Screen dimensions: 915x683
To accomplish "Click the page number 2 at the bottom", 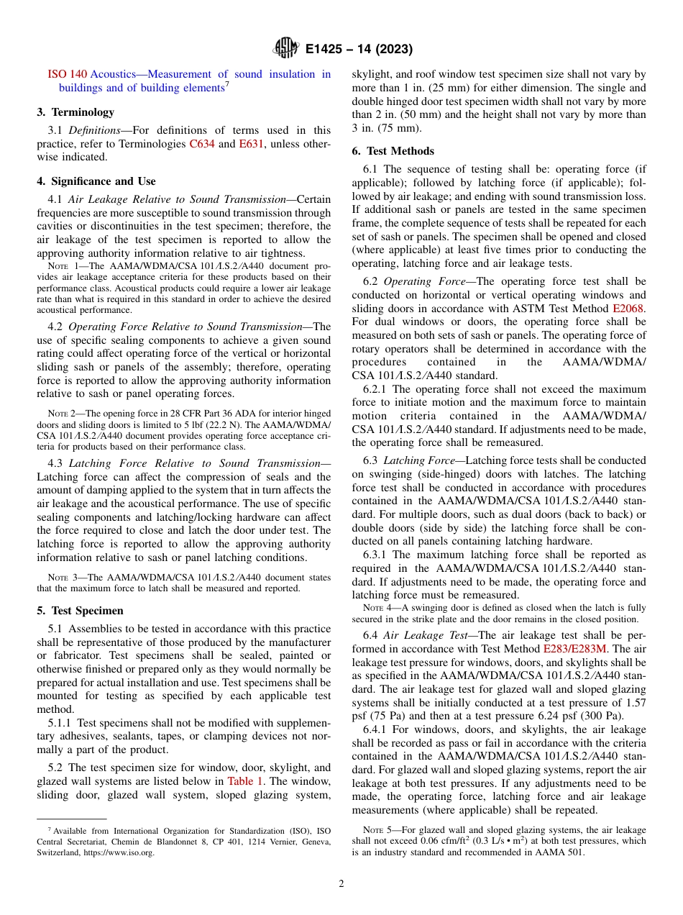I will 341,883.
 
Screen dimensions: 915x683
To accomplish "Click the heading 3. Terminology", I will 75,112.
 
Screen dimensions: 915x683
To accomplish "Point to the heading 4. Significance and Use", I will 96,181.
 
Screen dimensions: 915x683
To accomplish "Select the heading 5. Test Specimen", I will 80,611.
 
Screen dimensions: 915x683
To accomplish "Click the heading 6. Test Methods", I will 393,151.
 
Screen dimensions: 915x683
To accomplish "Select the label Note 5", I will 377,830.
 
